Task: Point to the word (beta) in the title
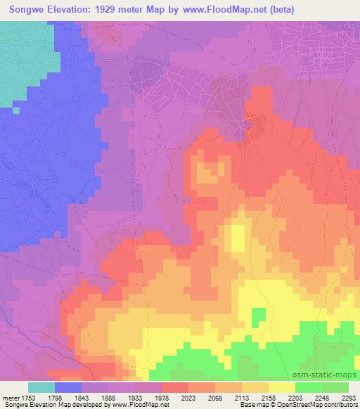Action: [278, 10]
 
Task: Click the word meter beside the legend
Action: [11, 398]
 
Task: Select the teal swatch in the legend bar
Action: [41, 387]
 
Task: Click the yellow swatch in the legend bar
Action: [282, 387]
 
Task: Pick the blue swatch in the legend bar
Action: [68, 387]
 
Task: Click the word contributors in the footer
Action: [340, 405]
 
